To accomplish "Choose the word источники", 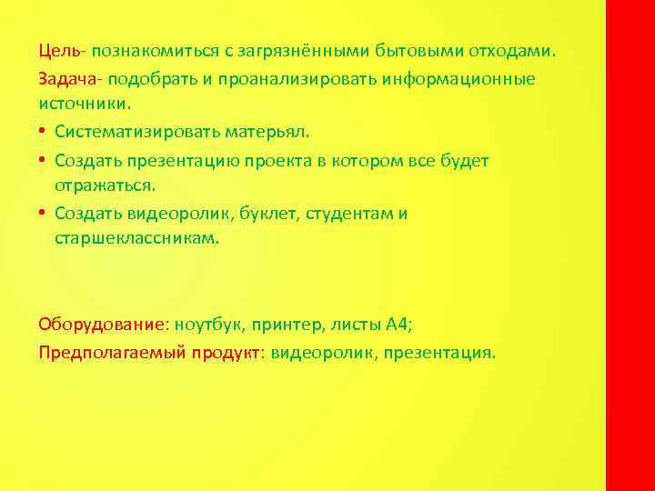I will (x=78, y=104).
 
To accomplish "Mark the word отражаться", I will (x=105, y=186).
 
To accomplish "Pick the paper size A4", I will (x=398, y=324).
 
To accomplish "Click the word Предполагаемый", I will (x=113, y=352).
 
